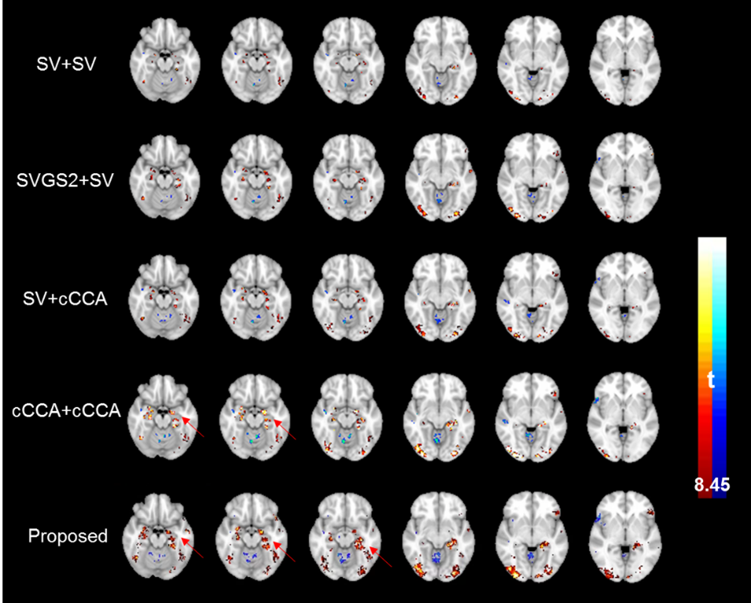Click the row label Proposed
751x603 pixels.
(68, 537)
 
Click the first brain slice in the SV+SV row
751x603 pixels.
(167, 58)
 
